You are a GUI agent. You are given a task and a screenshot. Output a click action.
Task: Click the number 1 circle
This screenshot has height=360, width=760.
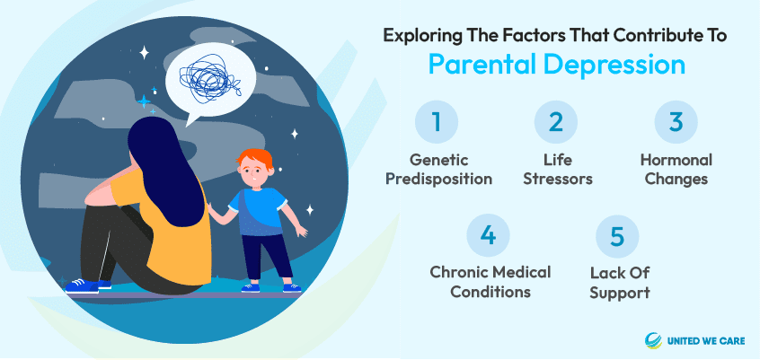point(437,121)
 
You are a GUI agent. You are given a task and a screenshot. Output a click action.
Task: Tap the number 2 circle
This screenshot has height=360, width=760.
point(556,121)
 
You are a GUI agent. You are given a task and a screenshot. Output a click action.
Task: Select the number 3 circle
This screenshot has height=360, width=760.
point(676,121)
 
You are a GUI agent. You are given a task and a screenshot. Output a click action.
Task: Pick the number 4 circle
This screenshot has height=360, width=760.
point(488,235)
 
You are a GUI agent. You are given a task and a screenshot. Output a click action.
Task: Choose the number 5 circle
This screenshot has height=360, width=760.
point(617,235)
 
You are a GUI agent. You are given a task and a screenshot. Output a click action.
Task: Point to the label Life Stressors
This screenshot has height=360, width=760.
point(556,169)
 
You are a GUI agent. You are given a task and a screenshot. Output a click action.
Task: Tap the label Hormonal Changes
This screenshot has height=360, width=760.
point(676,169)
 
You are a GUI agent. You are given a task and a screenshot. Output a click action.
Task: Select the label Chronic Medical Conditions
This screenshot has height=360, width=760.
point(490,283)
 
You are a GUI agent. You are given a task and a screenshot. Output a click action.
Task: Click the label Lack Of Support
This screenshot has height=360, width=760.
point(620,283)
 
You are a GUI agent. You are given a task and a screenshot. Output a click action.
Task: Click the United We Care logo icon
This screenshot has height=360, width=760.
point(653,340)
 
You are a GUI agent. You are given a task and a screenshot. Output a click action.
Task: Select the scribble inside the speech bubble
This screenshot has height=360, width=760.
point(210,78)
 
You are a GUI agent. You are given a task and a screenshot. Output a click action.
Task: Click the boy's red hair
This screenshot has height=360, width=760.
point(255,158)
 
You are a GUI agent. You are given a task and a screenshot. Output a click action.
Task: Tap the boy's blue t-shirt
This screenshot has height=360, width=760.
point(258,212)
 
